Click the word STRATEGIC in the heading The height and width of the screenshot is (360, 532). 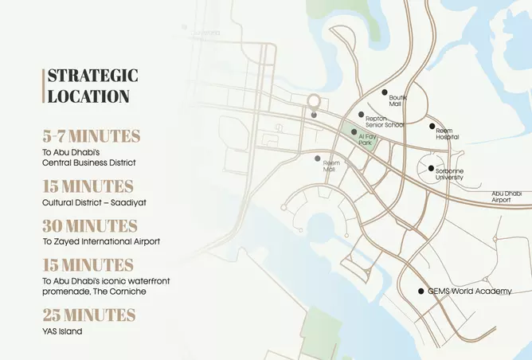click(x=92, y=76)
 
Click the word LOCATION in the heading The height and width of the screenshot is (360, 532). click(x=88, y=96)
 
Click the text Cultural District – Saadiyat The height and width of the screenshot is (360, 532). click(x=94, y=202)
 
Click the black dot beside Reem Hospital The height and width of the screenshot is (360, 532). click(x=432, y=126)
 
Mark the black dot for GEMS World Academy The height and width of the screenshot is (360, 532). click(x=421, y=292)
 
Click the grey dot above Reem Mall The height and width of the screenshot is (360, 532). click(x=318, y=158)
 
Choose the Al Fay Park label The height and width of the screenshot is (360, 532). click(x=366, y=140)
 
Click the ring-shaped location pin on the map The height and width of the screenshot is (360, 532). click(x=315, y=101)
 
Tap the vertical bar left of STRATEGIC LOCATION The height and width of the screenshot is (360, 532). click(x=44, y=86)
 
